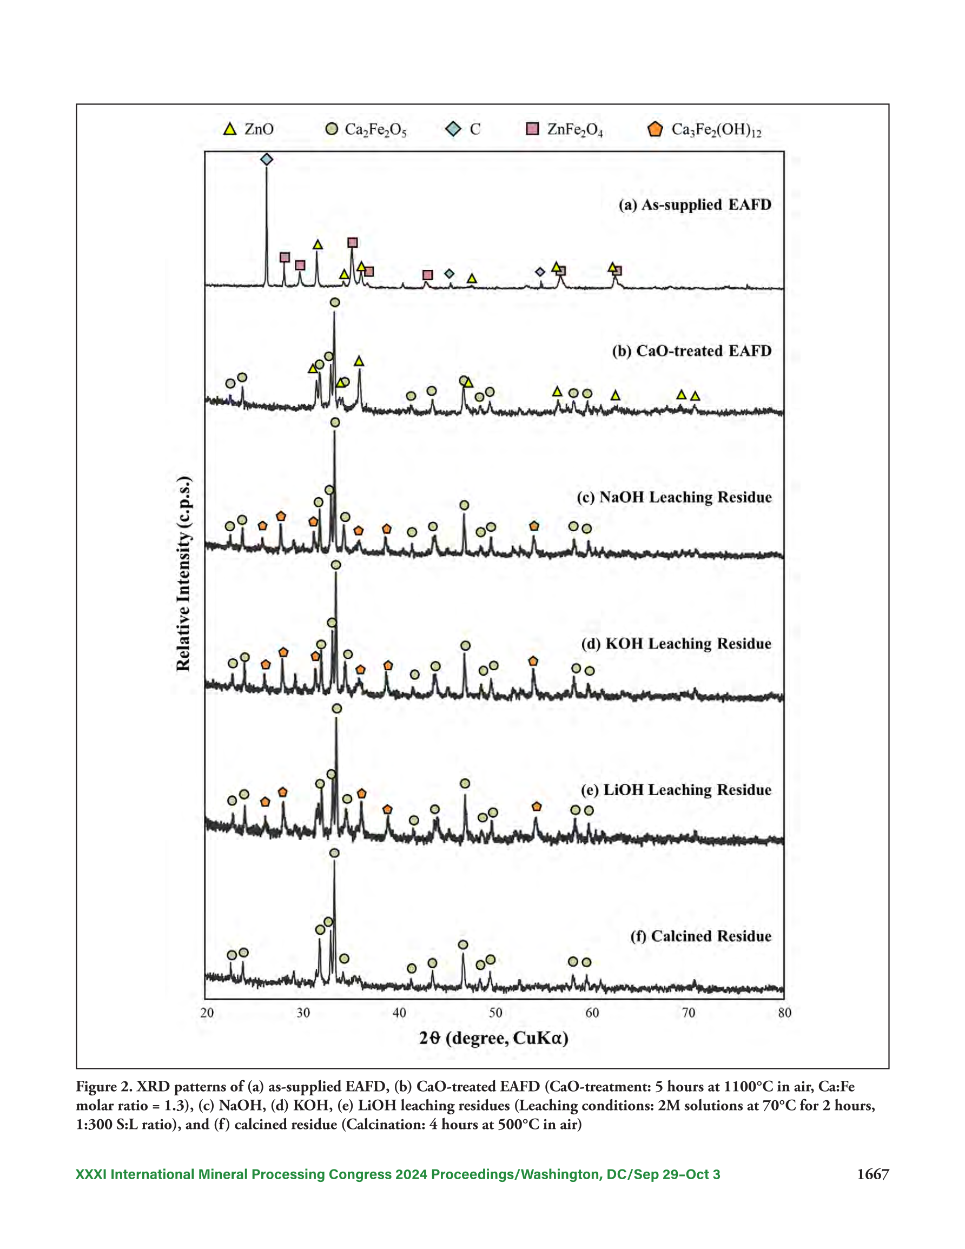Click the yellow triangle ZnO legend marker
tap(229, 129)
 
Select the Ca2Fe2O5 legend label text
tap(375, 130)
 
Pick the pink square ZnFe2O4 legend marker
tap(533, 129)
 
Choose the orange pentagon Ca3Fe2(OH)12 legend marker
tap(655, 129)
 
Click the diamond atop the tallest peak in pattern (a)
tap(267, 160)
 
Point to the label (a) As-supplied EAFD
tap(695, 204)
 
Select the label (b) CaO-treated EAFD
tap(692, 351)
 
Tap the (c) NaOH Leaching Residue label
tap(675, 497)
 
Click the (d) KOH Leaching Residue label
tap(676, 643)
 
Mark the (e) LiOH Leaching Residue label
tap(676, 790)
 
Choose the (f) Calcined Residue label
tap(700, 936)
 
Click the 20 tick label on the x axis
tap(207, 1013)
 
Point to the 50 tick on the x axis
tap(495, 1013)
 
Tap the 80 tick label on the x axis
tap(785, 1013)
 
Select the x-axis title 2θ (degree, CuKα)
tap(494, 1038)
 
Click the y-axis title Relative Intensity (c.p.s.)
tap(183, 573)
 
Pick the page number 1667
tap(873, 1174)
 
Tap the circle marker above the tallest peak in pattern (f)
tap(335, 853)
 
